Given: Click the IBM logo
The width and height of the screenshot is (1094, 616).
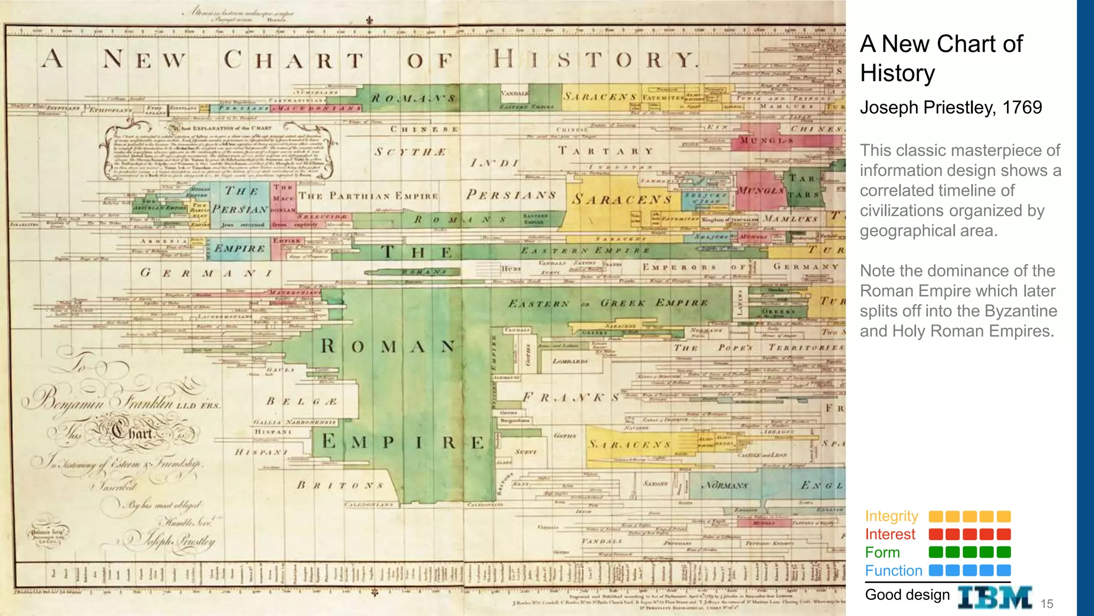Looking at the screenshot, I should coord(995,597).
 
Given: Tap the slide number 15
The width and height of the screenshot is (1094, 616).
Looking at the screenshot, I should coord(1046,604).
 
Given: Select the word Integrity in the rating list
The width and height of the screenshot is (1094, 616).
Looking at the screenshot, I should coord(892,516).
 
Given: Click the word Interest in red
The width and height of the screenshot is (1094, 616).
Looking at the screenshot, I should coord(890,534).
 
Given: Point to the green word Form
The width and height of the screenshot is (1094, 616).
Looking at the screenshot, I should coord(882,552).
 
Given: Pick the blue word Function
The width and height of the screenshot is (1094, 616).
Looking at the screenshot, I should coord(894,571).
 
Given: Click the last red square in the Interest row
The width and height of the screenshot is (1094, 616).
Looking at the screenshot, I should coord(1004,534).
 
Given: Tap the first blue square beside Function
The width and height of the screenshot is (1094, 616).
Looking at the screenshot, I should coord(936,571).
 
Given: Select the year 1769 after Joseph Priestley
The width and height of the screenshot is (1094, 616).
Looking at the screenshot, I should coord(1022,107).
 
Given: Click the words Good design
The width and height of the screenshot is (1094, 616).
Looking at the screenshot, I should coord(907,595).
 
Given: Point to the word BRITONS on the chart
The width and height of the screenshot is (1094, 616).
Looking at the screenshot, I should coord(340,486).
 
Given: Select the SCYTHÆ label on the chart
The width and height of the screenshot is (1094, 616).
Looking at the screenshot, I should coord(410,152).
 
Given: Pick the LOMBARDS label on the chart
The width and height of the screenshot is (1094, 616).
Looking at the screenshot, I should coord(570,361).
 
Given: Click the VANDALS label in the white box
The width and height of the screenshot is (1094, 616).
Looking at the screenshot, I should coord(514,93).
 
